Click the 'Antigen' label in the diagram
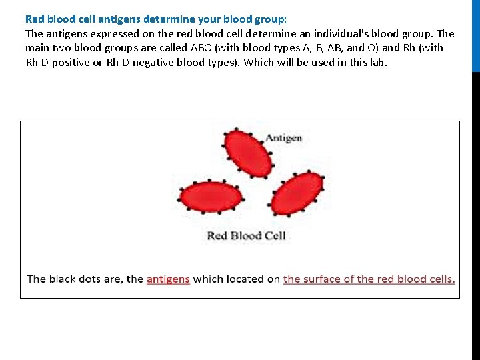click(x=283, y=138)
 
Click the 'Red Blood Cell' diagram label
click(x=246, y=235)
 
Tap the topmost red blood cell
click(x=247, y=153)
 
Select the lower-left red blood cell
click(x=210, y=197)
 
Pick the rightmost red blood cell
click(x=298, y=193)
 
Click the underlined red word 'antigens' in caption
click(x=168, y=279)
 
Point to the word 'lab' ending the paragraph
click(x=377, y=63)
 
